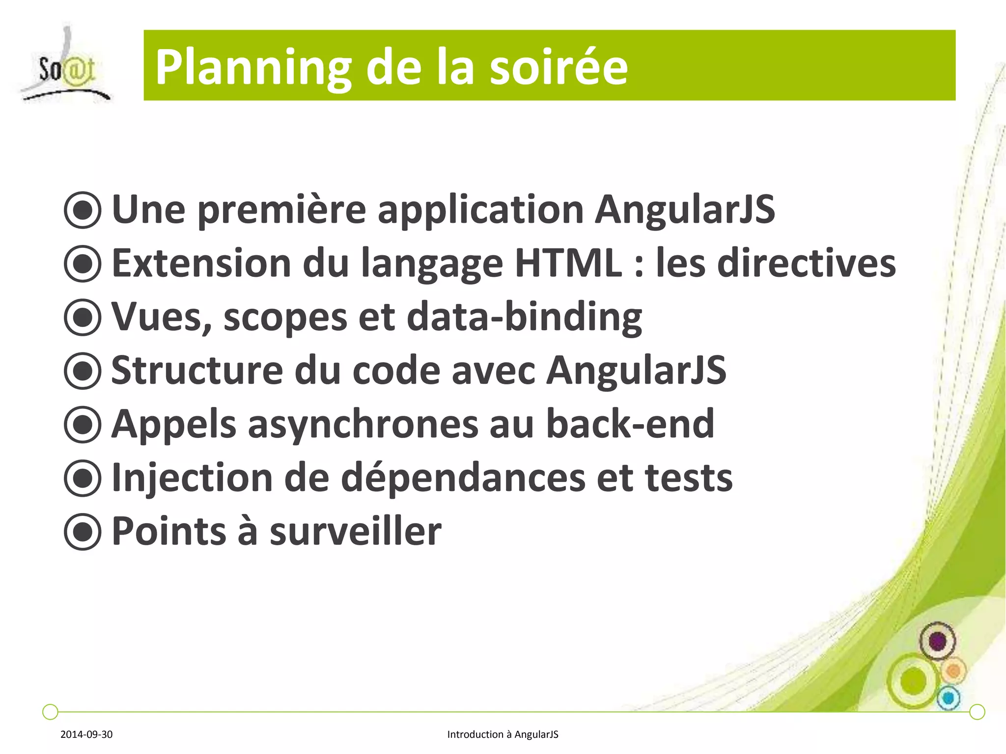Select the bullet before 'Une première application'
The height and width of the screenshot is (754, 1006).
click(83, 210)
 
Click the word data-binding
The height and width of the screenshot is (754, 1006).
click(524, 317)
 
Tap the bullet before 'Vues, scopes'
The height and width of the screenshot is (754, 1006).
click(83, 317)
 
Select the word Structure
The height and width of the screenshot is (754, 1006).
click(197, 370)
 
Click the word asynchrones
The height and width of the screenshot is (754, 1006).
click(363, 424)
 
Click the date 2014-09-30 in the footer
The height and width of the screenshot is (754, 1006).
click(86, 734)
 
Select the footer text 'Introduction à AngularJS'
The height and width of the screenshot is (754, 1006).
click(503, 734)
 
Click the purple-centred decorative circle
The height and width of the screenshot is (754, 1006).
click(937, 641)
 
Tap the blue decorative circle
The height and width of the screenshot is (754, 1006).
click(949, 698)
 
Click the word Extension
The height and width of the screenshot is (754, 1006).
click(201, 263)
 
